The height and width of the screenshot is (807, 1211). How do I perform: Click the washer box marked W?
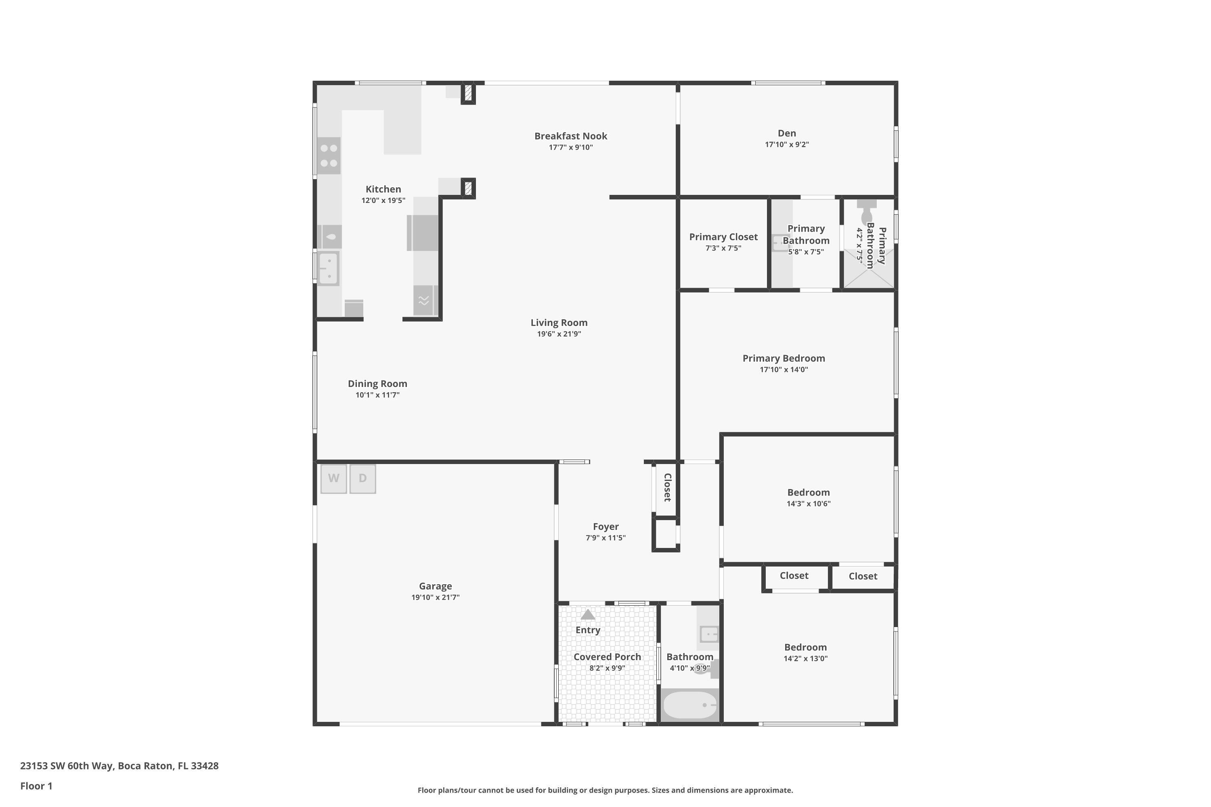coord(334,479)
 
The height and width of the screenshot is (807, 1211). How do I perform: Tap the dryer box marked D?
coord(362,479)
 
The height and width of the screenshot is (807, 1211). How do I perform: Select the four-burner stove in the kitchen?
coord(329,156)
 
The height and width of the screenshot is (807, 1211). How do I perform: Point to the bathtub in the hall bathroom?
coord(689,705)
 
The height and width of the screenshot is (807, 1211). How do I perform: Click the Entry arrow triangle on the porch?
coord(587,615)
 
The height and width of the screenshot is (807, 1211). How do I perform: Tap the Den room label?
coord(786,133)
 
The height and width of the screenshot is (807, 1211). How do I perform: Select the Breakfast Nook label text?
coord(570,136)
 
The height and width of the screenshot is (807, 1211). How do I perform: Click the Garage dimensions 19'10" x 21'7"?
coord(435,598)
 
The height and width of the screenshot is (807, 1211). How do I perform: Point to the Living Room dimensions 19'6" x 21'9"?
coord(559,334)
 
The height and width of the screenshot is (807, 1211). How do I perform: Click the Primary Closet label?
coord(723,237)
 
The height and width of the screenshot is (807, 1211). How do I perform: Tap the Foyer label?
coord(605,527)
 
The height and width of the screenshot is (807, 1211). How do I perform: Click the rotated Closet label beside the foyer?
coord(667,487)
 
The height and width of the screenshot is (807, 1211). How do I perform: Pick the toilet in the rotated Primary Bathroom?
coord(867,211)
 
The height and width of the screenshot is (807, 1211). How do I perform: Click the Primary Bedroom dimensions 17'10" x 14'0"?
coord(784,370)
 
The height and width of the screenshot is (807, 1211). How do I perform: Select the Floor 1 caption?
coord(36,786)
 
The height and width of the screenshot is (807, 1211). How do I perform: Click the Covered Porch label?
coord(607,657)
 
